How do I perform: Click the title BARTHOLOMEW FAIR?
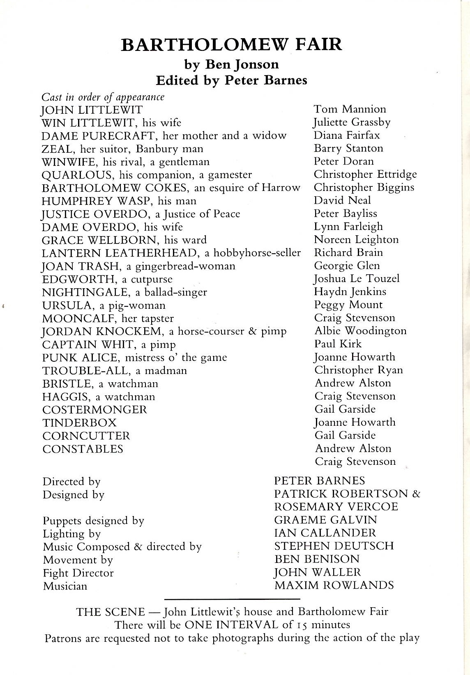(231, 44)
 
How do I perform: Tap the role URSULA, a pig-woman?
(104, 305)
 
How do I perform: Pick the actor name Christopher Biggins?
(364, 187)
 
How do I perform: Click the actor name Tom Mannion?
(350, 109)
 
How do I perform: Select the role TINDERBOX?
(79, 423)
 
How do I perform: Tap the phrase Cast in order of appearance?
(103, 97)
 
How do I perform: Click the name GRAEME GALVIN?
(325, 520)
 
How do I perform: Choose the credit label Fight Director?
(78, 573)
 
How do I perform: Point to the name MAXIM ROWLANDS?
(334, 585)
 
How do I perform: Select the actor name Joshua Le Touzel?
(357, 279)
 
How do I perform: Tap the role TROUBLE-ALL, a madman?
(115, 371)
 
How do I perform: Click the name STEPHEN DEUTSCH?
(334, 546)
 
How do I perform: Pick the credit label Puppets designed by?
(93, 521)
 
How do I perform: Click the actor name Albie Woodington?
(360, 331)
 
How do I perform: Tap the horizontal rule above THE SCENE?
(232, 599)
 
